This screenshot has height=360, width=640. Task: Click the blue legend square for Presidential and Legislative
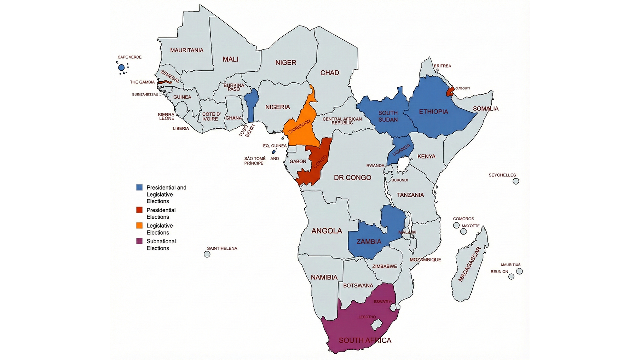coord(139,187)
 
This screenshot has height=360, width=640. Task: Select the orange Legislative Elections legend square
coord(139,226)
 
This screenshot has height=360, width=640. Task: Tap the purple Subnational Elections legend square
coord(139,241)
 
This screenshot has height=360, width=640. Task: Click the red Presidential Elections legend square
coord(139,210)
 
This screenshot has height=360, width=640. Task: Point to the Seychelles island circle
coord(516,181)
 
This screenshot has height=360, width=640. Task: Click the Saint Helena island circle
coord(207,254)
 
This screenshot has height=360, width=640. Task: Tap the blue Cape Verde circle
coord(121,68)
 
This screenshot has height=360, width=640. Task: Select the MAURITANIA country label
coord(187,50)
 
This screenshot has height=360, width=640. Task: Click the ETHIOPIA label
coord(433,112)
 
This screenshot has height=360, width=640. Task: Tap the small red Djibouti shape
coord(450,92)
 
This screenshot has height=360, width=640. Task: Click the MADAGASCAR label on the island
coord(469,264)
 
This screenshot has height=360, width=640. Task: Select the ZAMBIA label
coord(369,242)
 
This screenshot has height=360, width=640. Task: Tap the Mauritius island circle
coord(519,271)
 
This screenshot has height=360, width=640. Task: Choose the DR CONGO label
coord(352,178)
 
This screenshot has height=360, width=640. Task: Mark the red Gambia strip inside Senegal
coord(165,82)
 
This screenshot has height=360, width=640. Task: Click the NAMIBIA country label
coord(324,277)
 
